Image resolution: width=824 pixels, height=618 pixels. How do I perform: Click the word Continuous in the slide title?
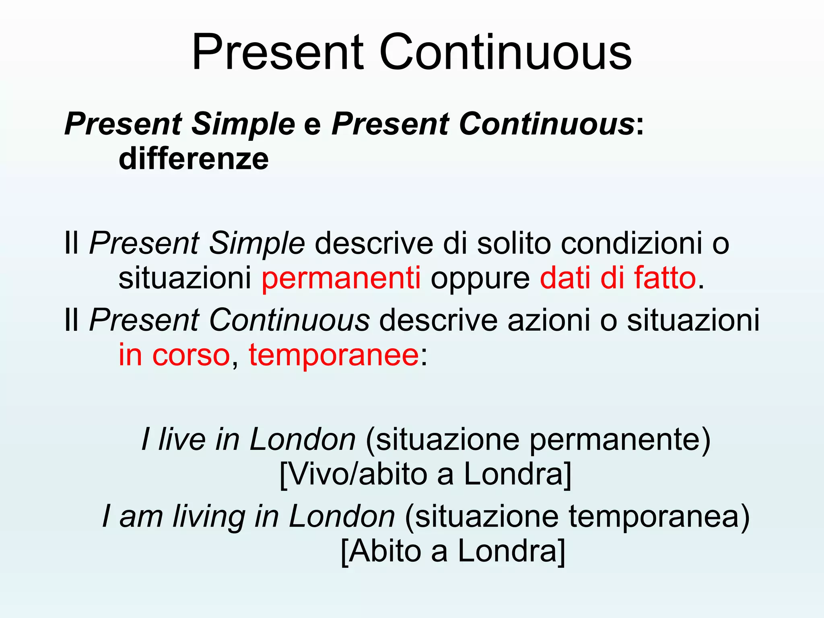[505, 52]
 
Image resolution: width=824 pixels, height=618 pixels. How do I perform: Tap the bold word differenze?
[194, 159]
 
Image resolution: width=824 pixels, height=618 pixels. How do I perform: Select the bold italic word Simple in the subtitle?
[243, 124]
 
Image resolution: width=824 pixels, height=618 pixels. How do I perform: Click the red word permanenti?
[341, 278]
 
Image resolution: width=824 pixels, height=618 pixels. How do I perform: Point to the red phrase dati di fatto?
[618, 278]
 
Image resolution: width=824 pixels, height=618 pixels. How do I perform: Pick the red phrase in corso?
[174, 355]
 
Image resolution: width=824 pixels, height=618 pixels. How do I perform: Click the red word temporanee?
[334, 355]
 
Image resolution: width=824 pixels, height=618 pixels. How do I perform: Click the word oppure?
[480, 278]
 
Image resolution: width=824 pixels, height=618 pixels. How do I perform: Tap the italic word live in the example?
[182, 439]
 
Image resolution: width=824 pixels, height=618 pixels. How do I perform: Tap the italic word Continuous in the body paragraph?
[289, 320]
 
